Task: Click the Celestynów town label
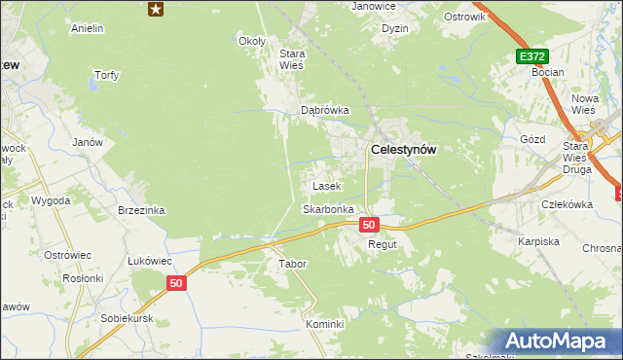click(403, 150)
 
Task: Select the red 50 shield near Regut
click(368, 225)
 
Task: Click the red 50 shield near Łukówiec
click(175, 283)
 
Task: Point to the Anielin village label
click(88, 28)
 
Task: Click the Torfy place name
click(105, 75)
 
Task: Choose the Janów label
click(88, 141)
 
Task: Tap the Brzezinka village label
click(141, 210)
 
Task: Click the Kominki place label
click(325, 324)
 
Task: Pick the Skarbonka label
click(328, 209)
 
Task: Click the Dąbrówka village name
click(324, 110)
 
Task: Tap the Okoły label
click(252, 41)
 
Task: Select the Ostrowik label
click(463, 17)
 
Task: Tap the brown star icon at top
click(156, 9)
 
